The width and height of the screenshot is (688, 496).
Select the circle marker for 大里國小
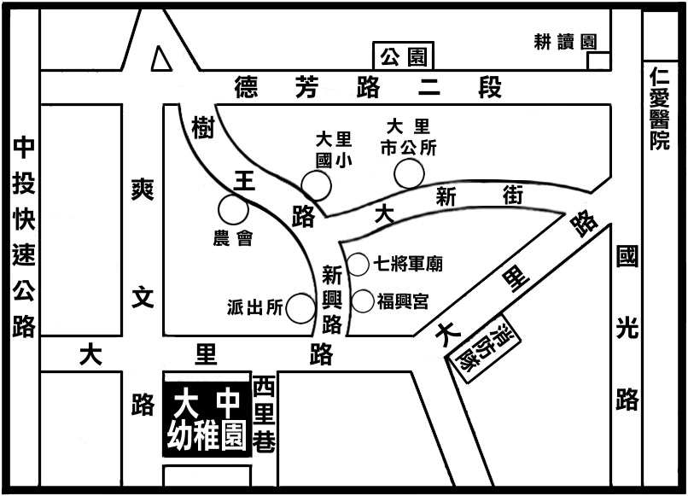pyautogui.click(x=316, y=185)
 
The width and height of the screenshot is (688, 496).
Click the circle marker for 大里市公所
pyautogui.click(x=409, y=174)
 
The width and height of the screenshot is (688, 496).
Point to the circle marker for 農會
pyautogui.click(x=232, y=209)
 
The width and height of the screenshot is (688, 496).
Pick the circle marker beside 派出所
pyautogui.click(x=300, y=308)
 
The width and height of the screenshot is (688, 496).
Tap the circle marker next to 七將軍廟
pyautogui.click(x=358, y=264)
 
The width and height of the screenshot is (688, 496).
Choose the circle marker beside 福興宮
pyautogui.click(x=363, y=301)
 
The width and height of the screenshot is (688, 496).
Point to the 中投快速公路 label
pyautogui.click(x=23, y=237)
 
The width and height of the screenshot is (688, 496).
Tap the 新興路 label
pyautogui.click(x=332, y=300)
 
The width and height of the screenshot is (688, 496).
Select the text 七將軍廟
pyautogui.click(x=408, y=265)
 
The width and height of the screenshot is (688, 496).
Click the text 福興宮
pyautogui.click(x=401, y=301)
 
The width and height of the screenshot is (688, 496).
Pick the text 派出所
pyautogui.click(x=254, y=309)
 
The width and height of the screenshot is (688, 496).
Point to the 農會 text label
pyautogui.click(x=232, y=239)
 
